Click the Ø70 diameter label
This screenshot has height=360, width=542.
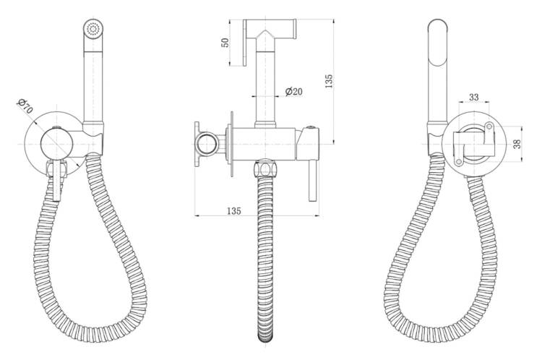click(x=25, y=106)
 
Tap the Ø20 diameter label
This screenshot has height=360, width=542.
click(x=294, y=92)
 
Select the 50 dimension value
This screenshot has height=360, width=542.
click(x=225, y=43)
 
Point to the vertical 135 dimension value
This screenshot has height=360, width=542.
click(x=329, y=81)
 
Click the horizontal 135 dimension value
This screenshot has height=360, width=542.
click(x=234, y=210)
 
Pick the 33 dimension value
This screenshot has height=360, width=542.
click(x=474, y=97)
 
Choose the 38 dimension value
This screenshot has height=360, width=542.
click(x=517, y=144)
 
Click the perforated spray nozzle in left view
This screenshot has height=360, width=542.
click(x=94, y=28)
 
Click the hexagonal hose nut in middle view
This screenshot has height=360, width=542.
click(x=265, y=169)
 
